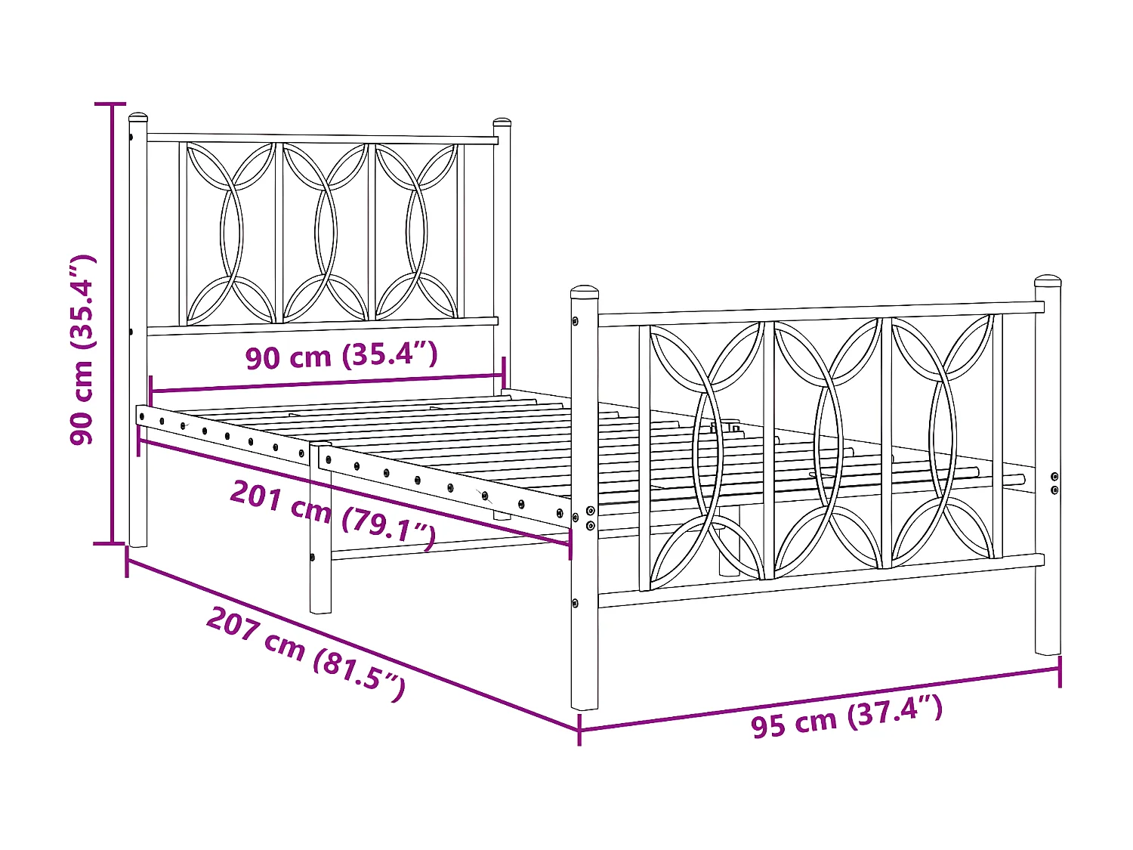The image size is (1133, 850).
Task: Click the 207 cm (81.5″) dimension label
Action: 306,654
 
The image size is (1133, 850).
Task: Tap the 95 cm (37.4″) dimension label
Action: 846,716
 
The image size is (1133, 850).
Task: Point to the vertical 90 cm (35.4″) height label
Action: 82,350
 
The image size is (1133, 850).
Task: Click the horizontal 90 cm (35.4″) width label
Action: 341,355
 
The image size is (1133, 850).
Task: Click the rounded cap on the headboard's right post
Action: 502,122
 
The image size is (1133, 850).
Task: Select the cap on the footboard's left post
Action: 585,292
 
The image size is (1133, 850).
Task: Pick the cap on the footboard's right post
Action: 1048,281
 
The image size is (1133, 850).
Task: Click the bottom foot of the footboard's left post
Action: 585,704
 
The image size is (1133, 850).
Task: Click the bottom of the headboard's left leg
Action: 137,540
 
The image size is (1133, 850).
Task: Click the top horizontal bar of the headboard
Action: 321,138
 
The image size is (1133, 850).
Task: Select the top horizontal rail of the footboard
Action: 820,313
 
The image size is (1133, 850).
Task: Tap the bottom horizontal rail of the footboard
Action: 820,582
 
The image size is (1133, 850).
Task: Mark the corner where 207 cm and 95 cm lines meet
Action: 579,730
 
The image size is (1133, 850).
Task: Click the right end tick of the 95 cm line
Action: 1060,670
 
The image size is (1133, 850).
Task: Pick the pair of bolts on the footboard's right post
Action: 1054,484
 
